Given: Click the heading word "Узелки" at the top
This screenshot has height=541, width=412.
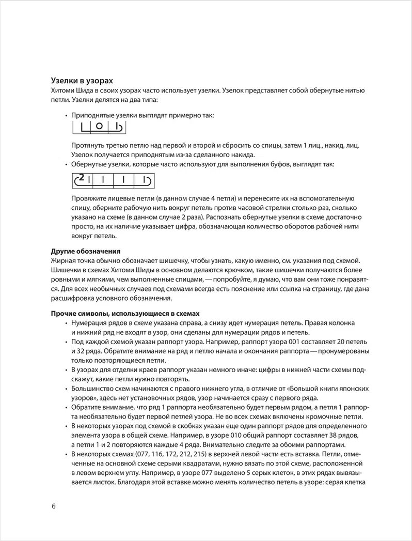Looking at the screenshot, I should tap(65, 81).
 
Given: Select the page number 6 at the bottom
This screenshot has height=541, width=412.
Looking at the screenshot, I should tap(54, 505).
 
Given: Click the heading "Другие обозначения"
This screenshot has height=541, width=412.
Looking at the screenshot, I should tap(85, 251).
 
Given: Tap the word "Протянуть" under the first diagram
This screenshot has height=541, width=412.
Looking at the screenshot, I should tap(88, 146).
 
